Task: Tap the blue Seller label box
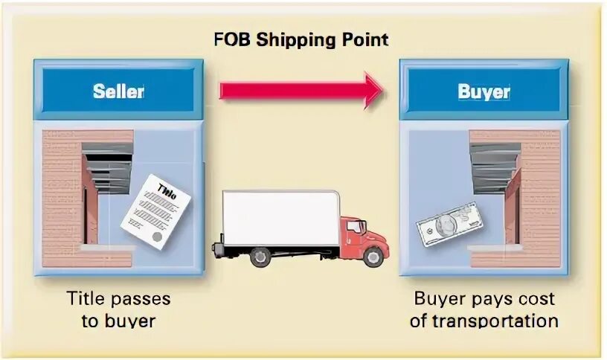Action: (x=118, y=91)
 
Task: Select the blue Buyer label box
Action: (x=484, y=91)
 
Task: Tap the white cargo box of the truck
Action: (x=280, y=216)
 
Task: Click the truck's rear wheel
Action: (x=260, y=257)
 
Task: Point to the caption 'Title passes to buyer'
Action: (x=118, y=309)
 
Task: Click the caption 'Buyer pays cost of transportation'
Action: (x=484, y=309)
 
